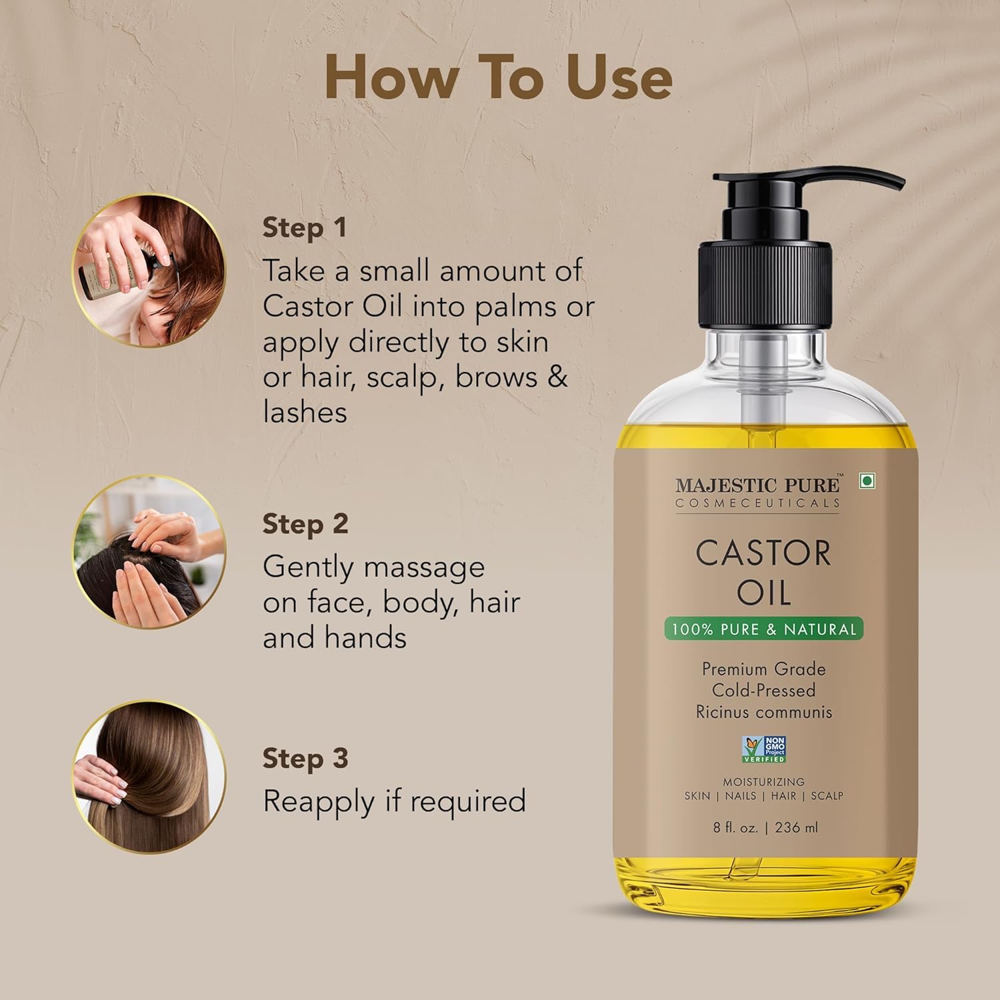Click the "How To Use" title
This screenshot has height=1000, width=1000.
(499, 78)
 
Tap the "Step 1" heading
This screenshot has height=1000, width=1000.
(305, 227)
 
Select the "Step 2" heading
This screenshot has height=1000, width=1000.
(305, 523)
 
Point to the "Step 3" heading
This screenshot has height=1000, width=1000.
(305, 758)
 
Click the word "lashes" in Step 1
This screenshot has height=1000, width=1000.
(305, 412)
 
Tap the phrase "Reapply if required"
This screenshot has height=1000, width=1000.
(394, 801)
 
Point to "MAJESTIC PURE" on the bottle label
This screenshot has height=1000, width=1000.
(758, 485)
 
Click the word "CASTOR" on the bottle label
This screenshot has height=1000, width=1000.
(763, 553)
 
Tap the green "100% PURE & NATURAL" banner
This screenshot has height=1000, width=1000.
(763, 629)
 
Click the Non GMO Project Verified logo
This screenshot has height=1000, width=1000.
(764, 749)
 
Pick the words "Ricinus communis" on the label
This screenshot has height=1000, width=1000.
(764, 712)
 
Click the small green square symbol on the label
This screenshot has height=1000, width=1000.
(866, 482)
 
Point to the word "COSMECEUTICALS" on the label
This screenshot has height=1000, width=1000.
(758, 503)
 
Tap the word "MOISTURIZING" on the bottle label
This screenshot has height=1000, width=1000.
(764, 781)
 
